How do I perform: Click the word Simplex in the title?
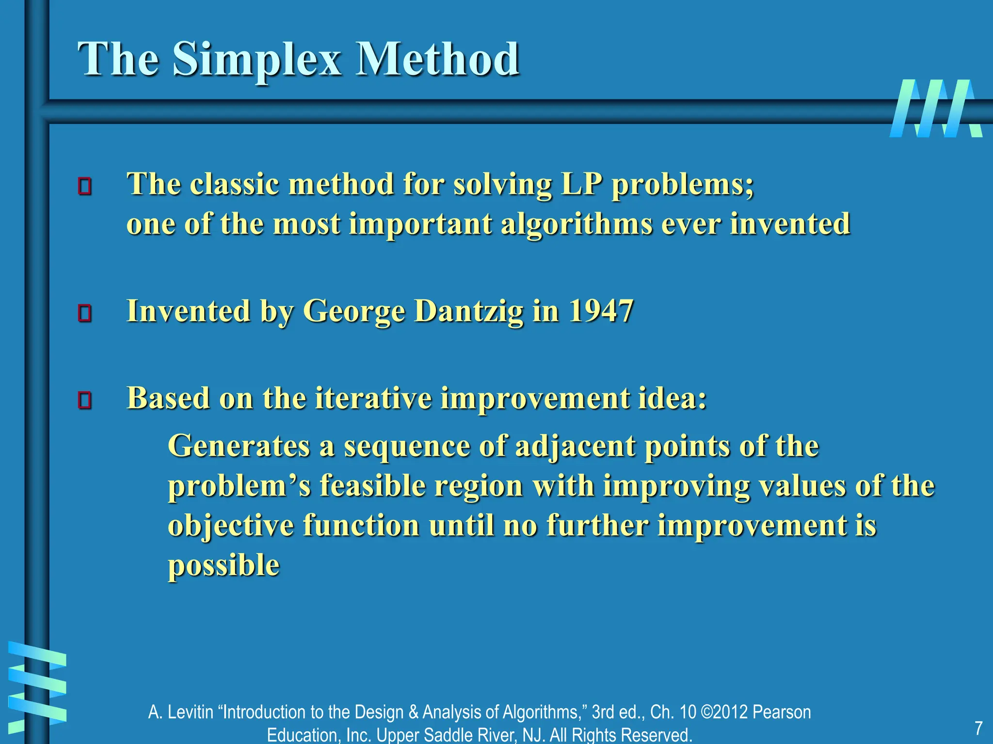coord(256,61)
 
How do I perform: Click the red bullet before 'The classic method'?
coord(85,186)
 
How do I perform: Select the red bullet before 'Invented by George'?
coord(85,313)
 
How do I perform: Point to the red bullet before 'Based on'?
coord(85,400)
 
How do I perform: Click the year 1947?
coord(601,311)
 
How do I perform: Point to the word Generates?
coord(239,446)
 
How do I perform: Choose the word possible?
coord(224,566)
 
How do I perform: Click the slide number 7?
coord(978,728)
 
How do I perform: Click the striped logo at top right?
coord(936,108)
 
